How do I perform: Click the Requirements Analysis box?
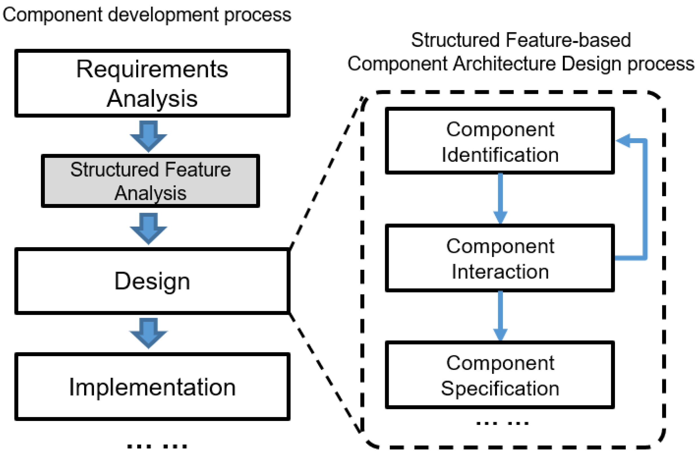pyautogui.click(x=152, y=83)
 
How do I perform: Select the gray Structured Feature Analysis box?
pyautogui.click(x=150, y=181)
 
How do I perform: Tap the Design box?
pyautogui.click(x=152, y=281)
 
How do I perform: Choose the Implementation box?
pyautogui.click(x=152, y=387)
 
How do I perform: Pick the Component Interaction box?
pyautogui.click(x=500, y=258)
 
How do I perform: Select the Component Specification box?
pyautogui.click(x=500, y=375)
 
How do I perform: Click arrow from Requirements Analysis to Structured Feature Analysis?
pyautogui.click(x=148, y=136)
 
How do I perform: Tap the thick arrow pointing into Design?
pyautogui.click(x=148, y=228)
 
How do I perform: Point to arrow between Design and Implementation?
pyautogui.click(x=148, y=333)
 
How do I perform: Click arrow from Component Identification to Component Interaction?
pyautogui.click(x=500, y=198)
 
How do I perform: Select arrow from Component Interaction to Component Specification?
pyautogui.click(x=500, y=316)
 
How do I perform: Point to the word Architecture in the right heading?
pyautogui.click(x=504, y=64)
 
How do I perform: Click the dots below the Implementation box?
pyautogui.click(x=157, y=446)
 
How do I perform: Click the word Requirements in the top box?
pyautogui.click(x=152, y=70)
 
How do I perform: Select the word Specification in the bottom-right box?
pyautogui.click(x=500, y=388)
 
